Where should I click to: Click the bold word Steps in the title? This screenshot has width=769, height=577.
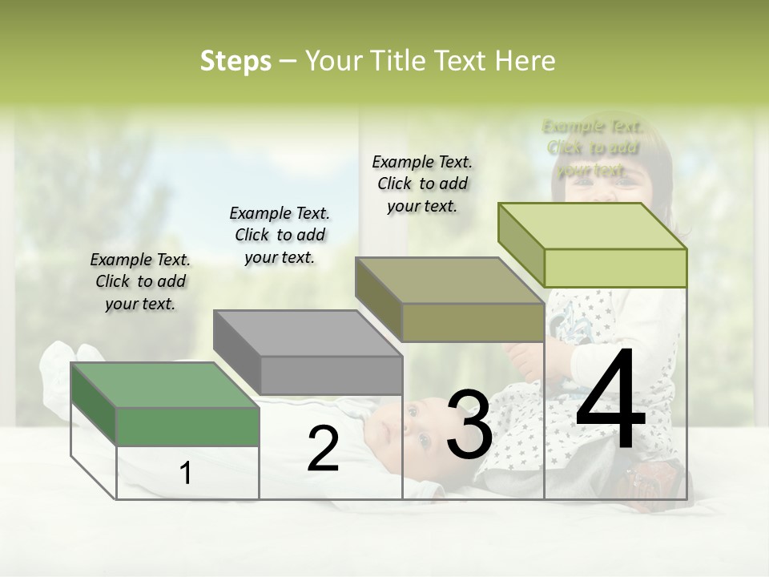tap(236, 61)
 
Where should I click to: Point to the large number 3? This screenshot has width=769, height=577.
tap(469, 426)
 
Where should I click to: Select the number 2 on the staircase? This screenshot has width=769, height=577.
tap(323, 450)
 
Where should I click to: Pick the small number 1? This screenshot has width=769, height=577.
tap(186, 473)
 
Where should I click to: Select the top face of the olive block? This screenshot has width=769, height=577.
tap(449, 280)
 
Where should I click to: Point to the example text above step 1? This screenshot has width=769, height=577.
tap(140, 281)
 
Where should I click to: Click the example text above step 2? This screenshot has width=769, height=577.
tap(280, 235)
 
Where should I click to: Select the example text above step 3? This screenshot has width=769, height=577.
tap(422, 184)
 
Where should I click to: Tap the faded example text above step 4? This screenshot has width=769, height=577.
tap(592, 147)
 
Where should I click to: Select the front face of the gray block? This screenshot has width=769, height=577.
tap(332, 375)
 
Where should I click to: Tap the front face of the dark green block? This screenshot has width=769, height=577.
tap(188, 426)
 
